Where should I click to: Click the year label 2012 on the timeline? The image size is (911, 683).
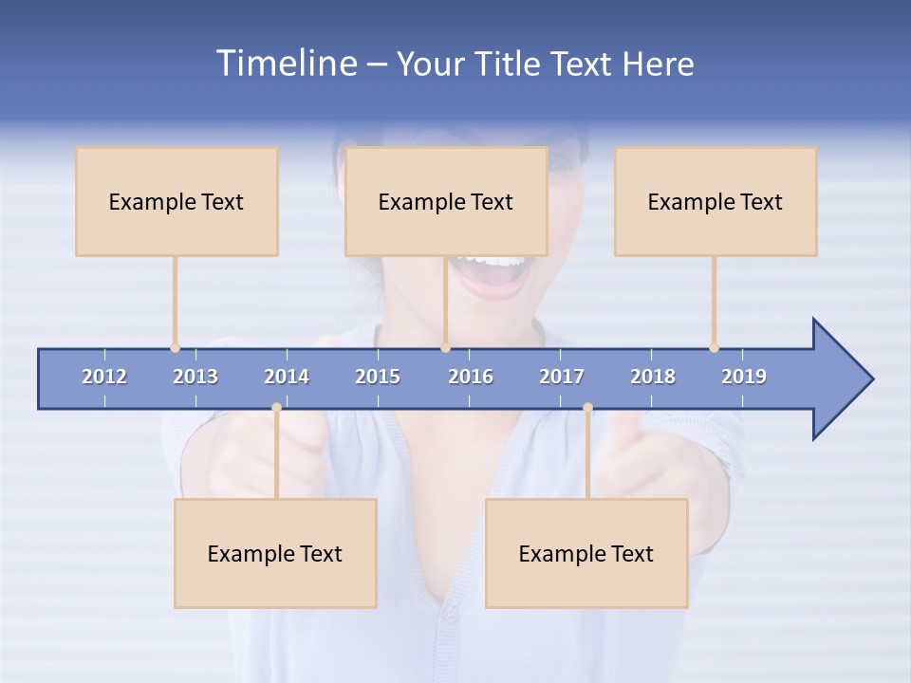pyautogui.click(x=104, y=377)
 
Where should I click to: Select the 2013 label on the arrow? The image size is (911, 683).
pyautogui.click(x=195, y=377)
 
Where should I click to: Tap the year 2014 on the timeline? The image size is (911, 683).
pyautogui.click(x=287, y=377)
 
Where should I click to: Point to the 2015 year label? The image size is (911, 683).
pyautogui.click(x=378, y=377)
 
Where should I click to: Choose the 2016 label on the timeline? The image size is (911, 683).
pyautogui.click(x=471, y=377)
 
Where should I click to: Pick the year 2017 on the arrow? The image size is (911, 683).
pyautogui.click(x=562, y=377)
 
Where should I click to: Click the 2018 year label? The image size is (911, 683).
pyautogui.click(x=653, y=377)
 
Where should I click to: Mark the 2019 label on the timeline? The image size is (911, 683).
pyautogui.click(x=744, y=377)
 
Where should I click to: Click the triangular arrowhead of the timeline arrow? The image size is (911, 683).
pyautogui.click(x=841, y=379)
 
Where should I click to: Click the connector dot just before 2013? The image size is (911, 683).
pyautogui.click(x=175, y=348)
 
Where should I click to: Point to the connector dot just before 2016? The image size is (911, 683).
pyautogui.click(x=445, y=348)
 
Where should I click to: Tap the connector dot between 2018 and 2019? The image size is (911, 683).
pyautogui.click(x=714, y=348)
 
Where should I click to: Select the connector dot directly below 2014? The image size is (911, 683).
pyautogui.click(x=276, y=408)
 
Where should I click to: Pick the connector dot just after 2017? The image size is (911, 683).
pyautogui.click(x=587, y=408)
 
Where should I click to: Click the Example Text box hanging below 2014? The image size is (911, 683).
pyautogui.click(x=275, y=553)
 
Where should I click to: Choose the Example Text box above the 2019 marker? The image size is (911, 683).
pyautogui.click(x=716, y=201)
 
